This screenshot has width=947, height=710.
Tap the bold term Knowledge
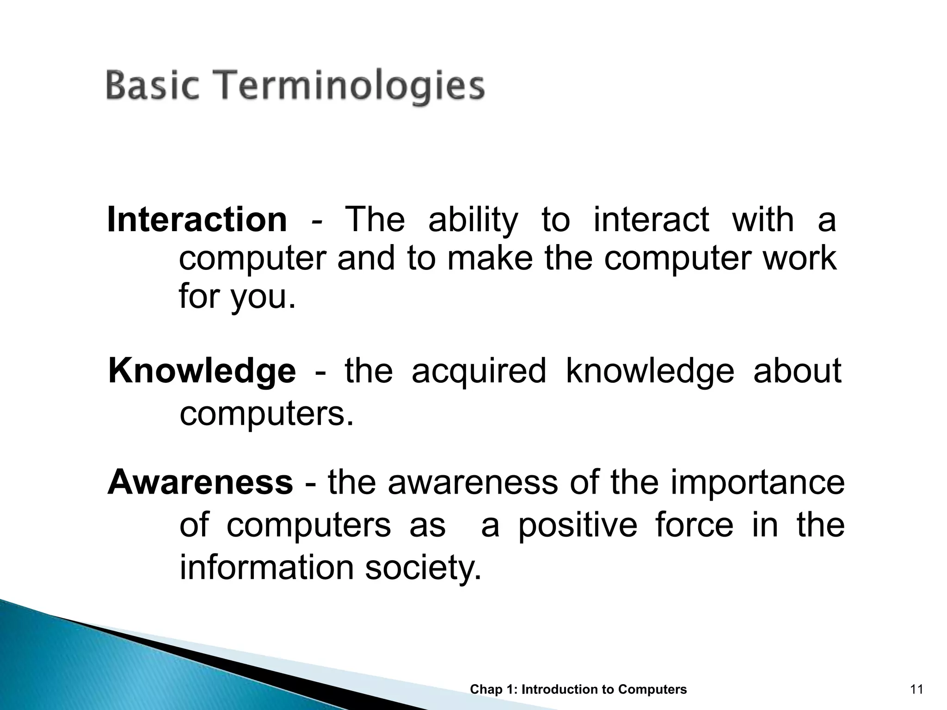pyautogui.click(x=202, y=371)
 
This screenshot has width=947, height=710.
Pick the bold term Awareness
pyautogui.click(x=200, y=482)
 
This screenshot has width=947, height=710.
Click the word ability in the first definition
pyautogui.click(x=473, y=221)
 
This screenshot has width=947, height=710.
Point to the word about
pyautogui.click(x=797, y=371)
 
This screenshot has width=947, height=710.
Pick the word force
pyautogui.click(x=694, y=525)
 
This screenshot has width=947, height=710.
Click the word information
pyautogui.click(x=266, y=568)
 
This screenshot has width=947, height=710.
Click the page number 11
pyautogui.click(x=916, y=690)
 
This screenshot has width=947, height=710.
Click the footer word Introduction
pyautogui.click(x=560, y=690)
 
